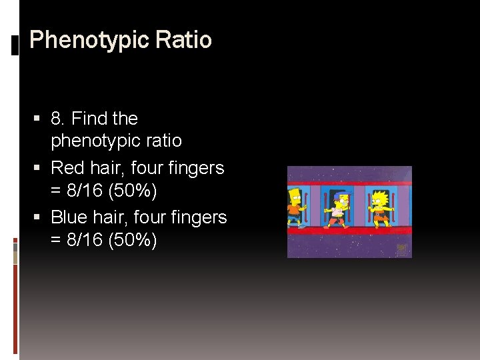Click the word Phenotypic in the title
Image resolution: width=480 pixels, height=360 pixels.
(x=89, y=41)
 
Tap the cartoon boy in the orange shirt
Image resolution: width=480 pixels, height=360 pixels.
(x=295, y=207)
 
